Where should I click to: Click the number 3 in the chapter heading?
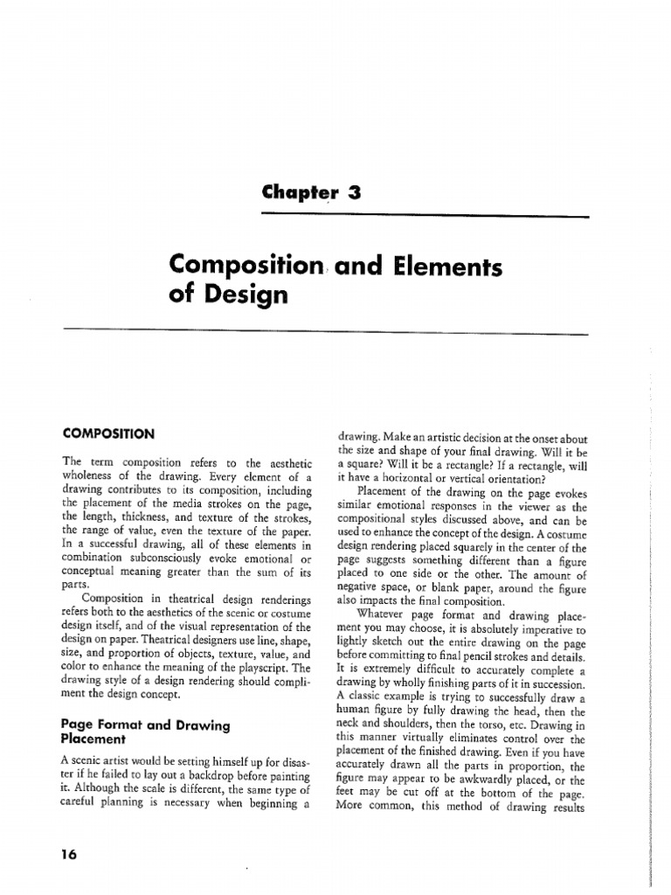[354, 195]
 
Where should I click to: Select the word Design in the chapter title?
[240, 296]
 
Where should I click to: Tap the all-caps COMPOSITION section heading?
[108, 433]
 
